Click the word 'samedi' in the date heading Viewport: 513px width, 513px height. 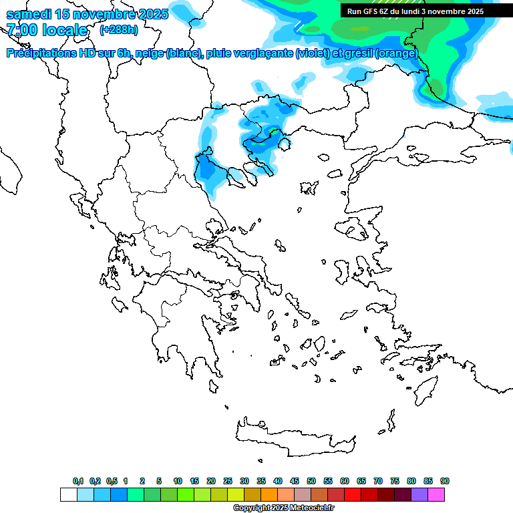coord(29,14)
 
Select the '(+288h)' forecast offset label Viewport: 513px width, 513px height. coord(119,30)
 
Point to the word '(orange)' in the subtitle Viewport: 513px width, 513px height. coord(396,53)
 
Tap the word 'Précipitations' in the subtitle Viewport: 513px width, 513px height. coord(41,53)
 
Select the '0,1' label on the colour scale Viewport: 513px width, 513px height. coord(78,481)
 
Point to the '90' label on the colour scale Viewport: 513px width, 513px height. coord(445,481)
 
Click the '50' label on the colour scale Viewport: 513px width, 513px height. coord(311,481)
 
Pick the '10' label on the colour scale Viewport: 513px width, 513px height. coord(178,481)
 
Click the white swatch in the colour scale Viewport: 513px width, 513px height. coord(68,494)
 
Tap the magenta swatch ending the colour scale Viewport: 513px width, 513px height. coord(436,494)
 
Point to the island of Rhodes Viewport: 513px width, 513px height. coord(425,389)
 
